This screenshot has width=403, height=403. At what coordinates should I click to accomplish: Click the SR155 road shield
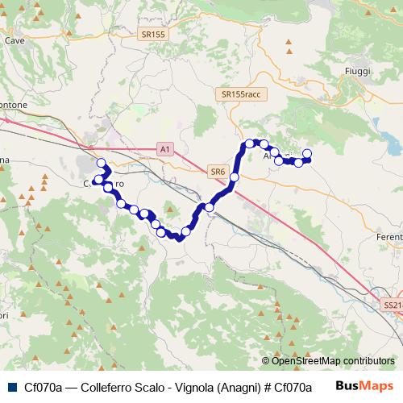pos(152,35)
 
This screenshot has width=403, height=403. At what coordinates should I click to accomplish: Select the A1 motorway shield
pos(164,149)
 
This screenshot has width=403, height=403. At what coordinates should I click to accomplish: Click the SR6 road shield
pos(218,171)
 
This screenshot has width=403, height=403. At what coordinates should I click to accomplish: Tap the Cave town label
pos(14,39)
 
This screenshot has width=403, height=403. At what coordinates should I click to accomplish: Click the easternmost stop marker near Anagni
pos(306,153)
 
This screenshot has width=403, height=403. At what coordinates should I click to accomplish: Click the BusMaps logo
pos(364,386)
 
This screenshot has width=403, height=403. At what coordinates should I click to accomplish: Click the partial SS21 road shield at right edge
pos(393,305)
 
